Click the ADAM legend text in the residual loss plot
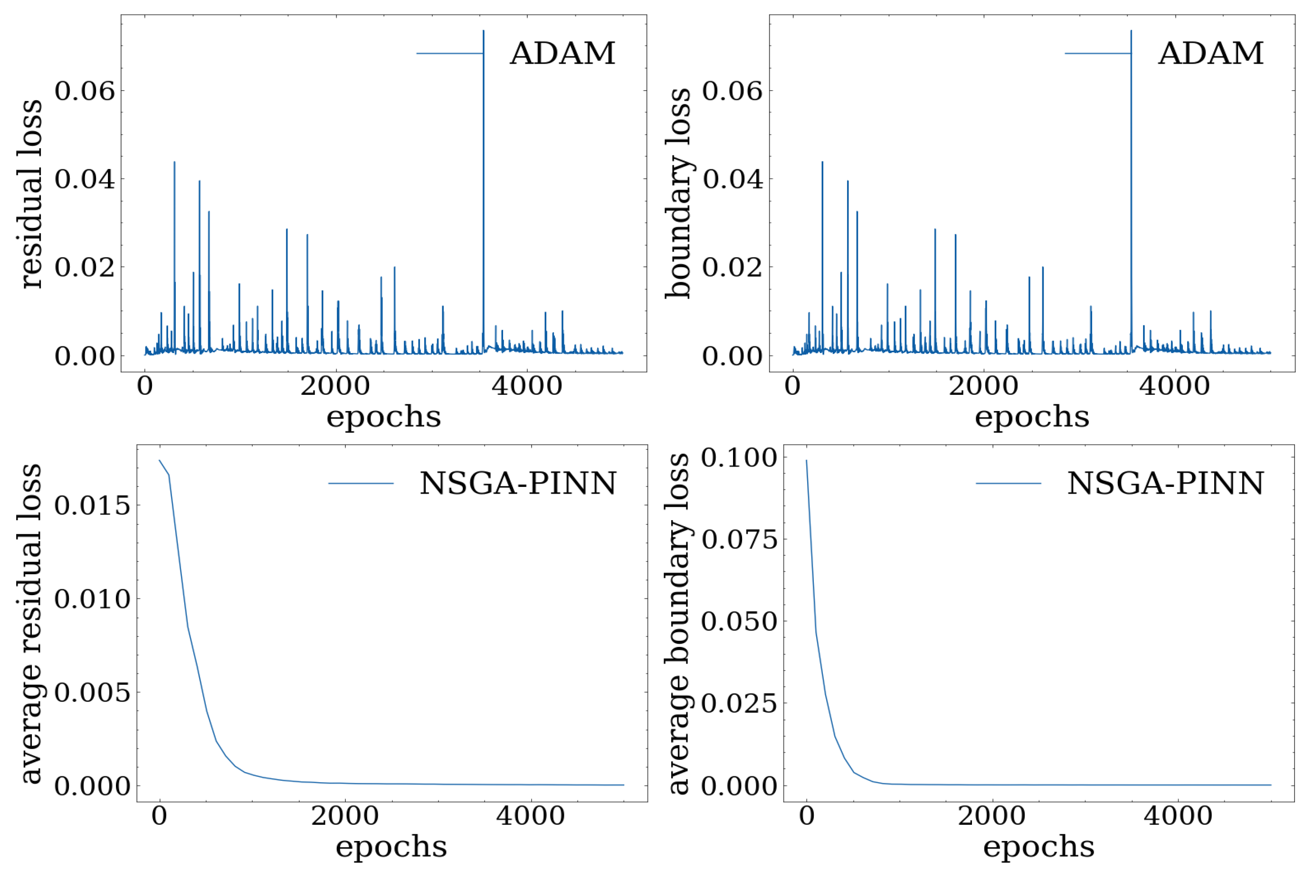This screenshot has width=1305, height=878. tap(562, 54)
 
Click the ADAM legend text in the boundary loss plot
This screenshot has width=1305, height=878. tap(1210, 54)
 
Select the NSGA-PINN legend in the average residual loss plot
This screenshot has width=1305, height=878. tap(518, 483)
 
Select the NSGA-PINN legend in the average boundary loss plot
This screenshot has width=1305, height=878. tap(1165, 483)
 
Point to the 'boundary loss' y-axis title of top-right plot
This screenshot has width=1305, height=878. tap(678, 193)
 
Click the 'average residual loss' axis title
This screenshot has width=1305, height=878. tap(31, 623)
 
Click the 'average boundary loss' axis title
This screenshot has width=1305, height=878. tap(678, 623)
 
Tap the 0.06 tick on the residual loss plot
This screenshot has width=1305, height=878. tap(84, 91)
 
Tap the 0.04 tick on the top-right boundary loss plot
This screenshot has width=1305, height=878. tap(733, 179)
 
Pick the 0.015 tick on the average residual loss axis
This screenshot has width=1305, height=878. tap(92, 505)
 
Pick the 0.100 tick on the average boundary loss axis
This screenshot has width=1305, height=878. tap(739, 458)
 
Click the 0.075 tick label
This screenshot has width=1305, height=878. tap(739, 540)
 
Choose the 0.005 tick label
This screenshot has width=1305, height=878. tap(92, 692)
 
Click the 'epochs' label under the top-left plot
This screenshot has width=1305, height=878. tap(384, 417)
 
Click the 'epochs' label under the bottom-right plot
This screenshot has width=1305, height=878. tap(1038, 847)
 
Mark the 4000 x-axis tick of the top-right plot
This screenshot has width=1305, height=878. tap(1174, 387)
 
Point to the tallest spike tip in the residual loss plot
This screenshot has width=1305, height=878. tap(484, 31)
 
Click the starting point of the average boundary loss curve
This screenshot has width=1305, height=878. tap(806, 461)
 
